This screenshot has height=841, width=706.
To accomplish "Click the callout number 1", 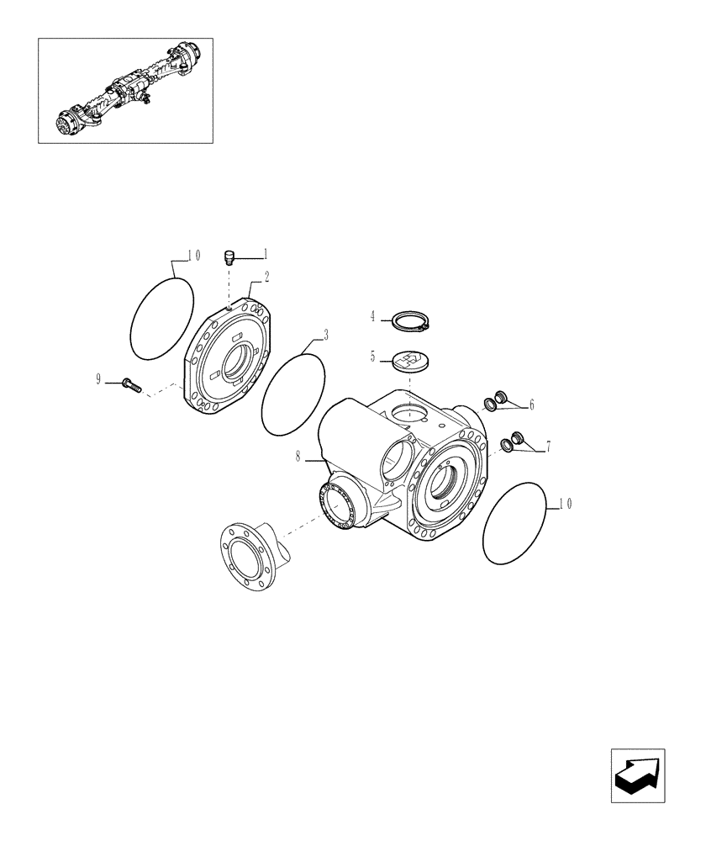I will [266, 253].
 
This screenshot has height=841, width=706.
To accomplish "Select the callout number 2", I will [266, 276].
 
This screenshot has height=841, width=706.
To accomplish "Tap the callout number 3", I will [325, 334].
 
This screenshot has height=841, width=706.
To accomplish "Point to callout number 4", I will [372, 316].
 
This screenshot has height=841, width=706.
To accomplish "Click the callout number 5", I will [372, 357].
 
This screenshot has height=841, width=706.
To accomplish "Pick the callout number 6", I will [531, 405].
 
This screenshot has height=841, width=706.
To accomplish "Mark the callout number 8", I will [298, 458].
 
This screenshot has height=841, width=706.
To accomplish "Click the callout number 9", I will [98, 380].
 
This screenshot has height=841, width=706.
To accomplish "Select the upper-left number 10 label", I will [193, 255].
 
